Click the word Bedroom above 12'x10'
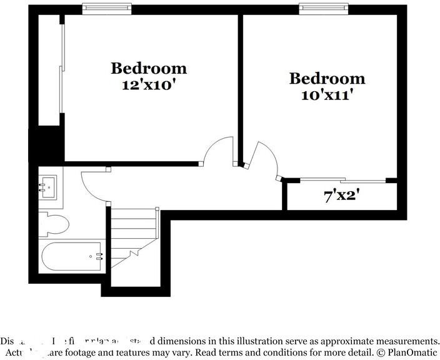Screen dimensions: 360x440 (x=149, y=67)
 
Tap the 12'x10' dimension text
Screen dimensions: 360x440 (x=149, y=84)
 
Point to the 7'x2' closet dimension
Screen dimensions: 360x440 (x=341, y=196)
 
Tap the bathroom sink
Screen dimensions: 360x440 (x=49, y=186)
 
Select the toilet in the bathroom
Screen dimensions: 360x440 (x=52, y=224)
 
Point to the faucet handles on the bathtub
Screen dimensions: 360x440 (x=97, y=256)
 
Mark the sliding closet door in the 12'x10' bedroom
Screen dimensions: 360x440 (x=61, y=75)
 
